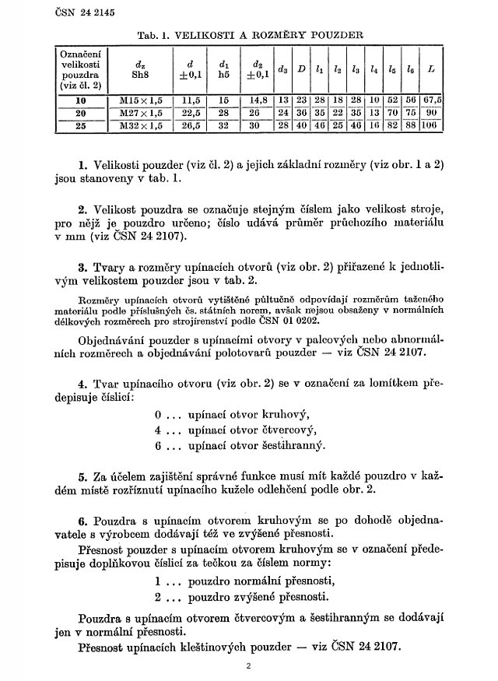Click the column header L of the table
430,69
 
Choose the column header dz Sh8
140,69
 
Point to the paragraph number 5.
82,476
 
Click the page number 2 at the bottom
247,666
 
